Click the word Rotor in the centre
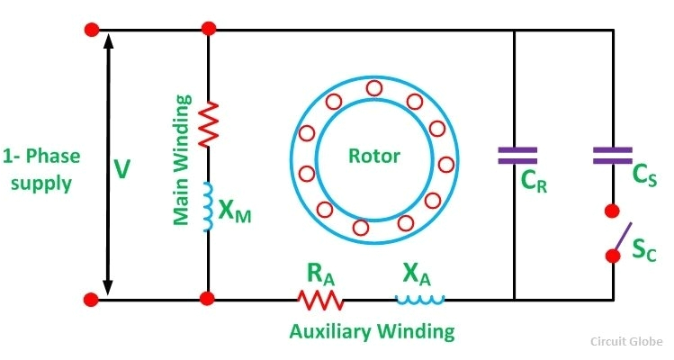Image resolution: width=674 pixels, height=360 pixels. (x=374, y=155)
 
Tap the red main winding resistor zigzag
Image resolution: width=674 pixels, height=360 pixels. (x=209, y=123)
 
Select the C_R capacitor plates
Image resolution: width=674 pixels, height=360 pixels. (x=517, y=155)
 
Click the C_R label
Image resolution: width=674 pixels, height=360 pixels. (x=535, y=183)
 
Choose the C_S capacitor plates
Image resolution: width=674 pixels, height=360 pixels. (x=614, y=155)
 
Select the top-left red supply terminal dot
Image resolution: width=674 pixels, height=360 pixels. (x=91, y=29)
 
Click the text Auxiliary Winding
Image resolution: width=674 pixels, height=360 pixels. (x=372, y=330)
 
